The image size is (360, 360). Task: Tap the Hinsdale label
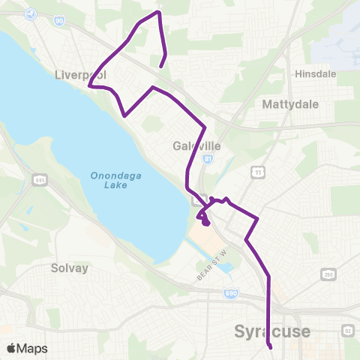315,74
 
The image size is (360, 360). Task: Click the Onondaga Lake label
112,181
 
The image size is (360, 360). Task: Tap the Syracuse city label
271,331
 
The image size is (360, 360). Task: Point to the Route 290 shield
328,276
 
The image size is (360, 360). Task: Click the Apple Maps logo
27,349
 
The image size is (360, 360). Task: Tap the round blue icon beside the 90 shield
31,13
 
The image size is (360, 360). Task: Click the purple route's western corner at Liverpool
90,86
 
